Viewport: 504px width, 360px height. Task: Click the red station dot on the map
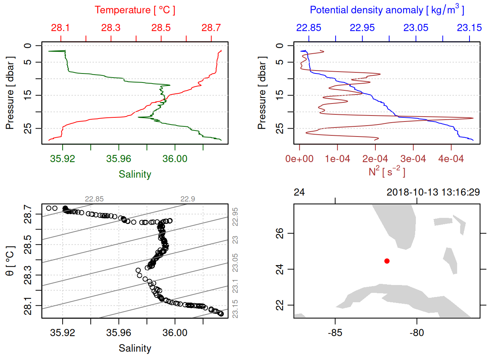(x=387, y=261)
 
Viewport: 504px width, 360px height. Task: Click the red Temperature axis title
(x=135, y=10)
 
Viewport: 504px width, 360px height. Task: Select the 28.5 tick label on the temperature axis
(x=161, y=28)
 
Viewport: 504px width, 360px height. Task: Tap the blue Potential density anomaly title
(x=387, y=10)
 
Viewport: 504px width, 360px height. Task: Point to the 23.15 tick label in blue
(x=469, y=28)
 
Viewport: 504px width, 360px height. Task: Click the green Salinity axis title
(x=135, y=174)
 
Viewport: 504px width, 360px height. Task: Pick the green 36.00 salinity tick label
(x=175, y=159)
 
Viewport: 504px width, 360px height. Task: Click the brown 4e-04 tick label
(x=451, y=159)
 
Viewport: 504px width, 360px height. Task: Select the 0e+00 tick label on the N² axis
(x=299, y=159)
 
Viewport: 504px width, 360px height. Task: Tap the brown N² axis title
(x=387, y=172)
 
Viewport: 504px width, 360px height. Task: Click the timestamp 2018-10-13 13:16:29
(x=433, y=192)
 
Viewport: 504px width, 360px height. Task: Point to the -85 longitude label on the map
(x=335, y=333)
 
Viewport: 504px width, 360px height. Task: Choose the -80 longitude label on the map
(x=417, y=333)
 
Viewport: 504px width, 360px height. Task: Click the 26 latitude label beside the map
(x=280, y=233)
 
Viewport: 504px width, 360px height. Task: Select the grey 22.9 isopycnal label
(x=187, y=199)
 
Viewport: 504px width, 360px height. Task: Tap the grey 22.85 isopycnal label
(x=94, y=199)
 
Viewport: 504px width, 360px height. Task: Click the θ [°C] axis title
(x=10, y=261)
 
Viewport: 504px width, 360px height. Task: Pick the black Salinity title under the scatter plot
(x=135, y=348)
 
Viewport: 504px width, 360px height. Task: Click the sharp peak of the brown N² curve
(x=472, y=118)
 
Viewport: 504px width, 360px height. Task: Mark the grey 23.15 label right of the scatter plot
(x=235, y=309)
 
